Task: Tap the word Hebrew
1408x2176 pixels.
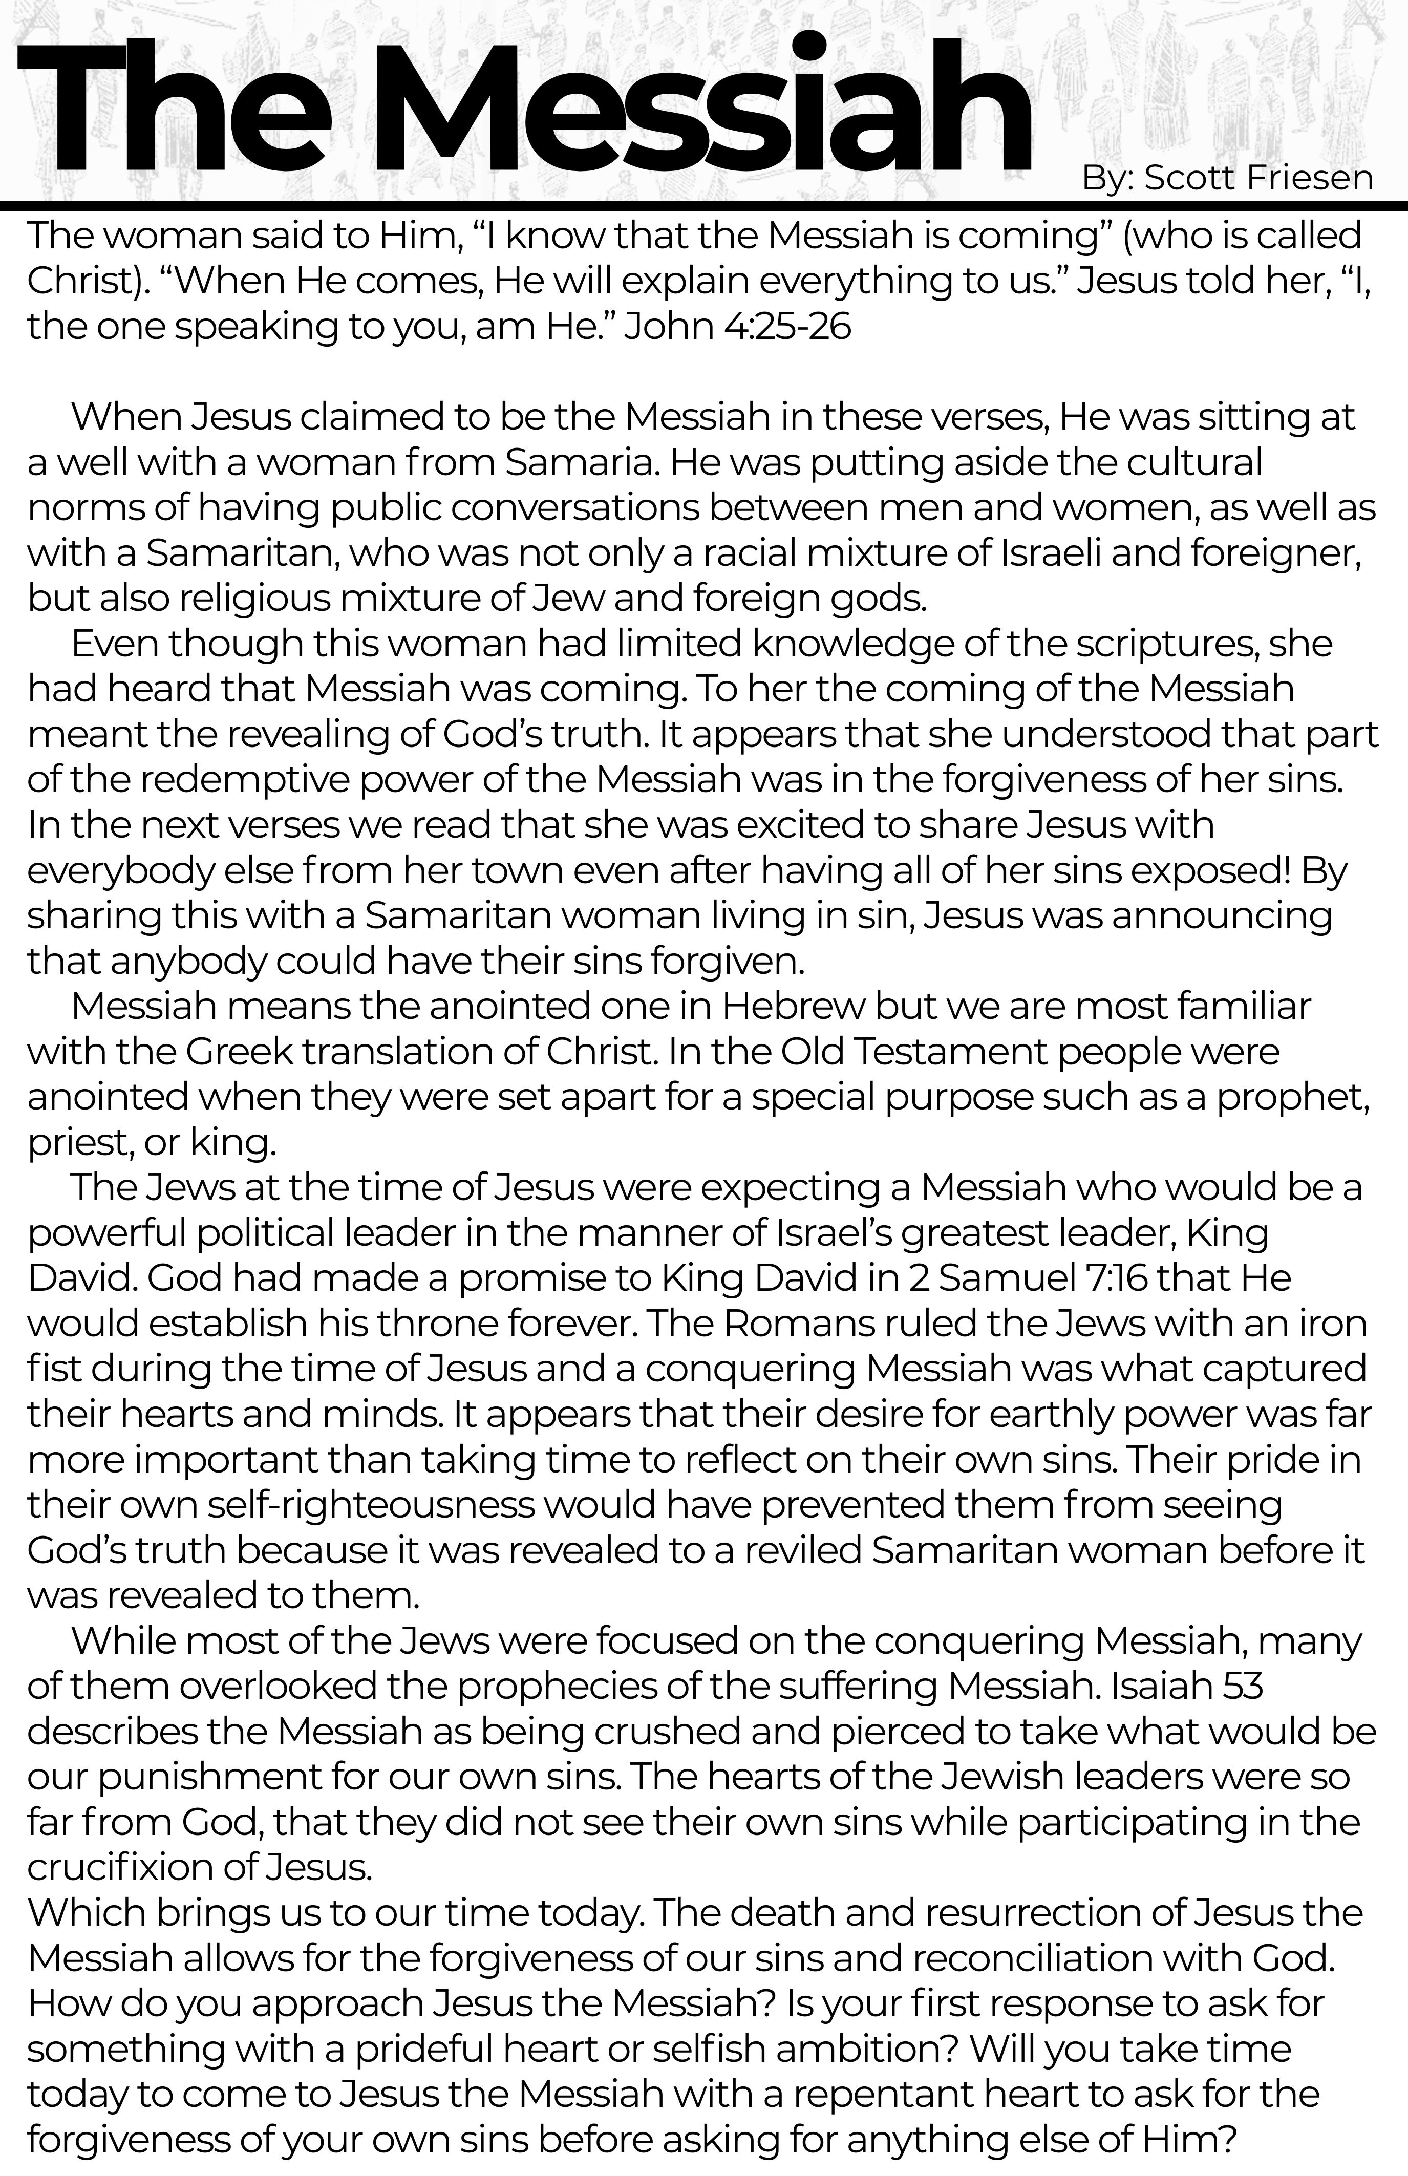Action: point(793,1006)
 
